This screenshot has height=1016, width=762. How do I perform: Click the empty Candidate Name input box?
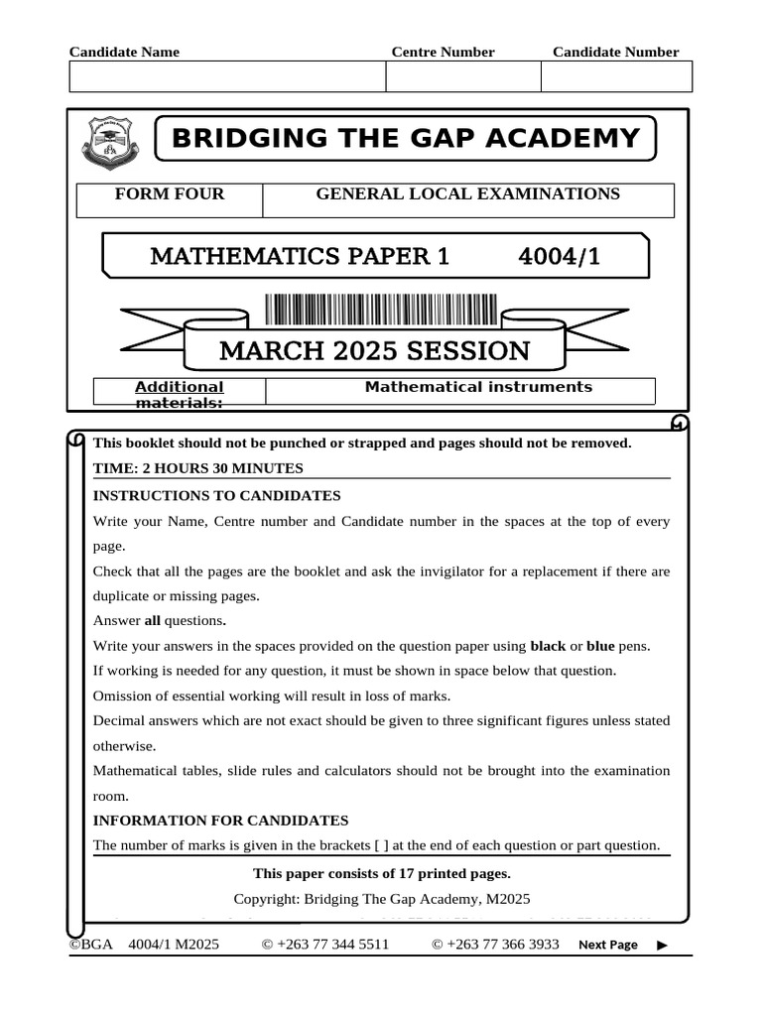click(227, 76)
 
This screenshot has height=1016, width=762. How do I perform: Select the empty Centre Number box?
click(462, 76)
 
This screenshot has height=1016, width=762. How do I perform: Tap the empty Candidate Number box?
click(616, 76)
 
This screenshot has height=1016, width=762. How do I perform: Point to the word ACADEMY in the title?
click(565, 138)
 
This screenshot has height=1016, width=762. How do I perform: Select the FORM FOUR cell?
click(170, 194)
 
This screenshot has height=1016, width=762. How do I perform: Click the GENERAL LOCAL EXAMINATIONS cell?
click(467, 194)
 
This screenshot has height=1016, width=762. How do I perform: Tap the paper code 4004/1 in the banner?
click(560, 257)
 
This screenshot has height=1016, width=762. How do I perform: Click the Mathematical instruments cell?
click(478, 388)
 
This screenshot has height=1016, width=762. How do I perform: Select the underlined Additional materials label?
click(180, 394)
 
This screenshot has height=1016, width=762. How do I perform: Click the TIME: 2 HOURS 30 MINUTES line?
click(198, 468)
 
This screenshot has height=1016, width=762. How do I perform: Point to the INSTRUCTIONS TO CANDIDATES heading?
click(216, 495)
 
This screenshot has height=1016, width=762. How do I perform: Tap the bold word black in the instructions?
click(548, 646)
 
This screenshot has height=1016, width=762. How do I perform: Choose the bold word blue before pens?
click(600, 646)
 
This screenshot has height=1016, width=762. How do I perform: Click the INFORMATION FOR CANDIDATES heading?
click(220, 821)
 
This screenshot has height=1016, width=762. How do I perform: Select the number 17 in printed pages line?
click(407, 874)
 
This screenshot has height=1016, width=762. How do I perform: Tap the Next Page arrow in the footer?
click(662, 946)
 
